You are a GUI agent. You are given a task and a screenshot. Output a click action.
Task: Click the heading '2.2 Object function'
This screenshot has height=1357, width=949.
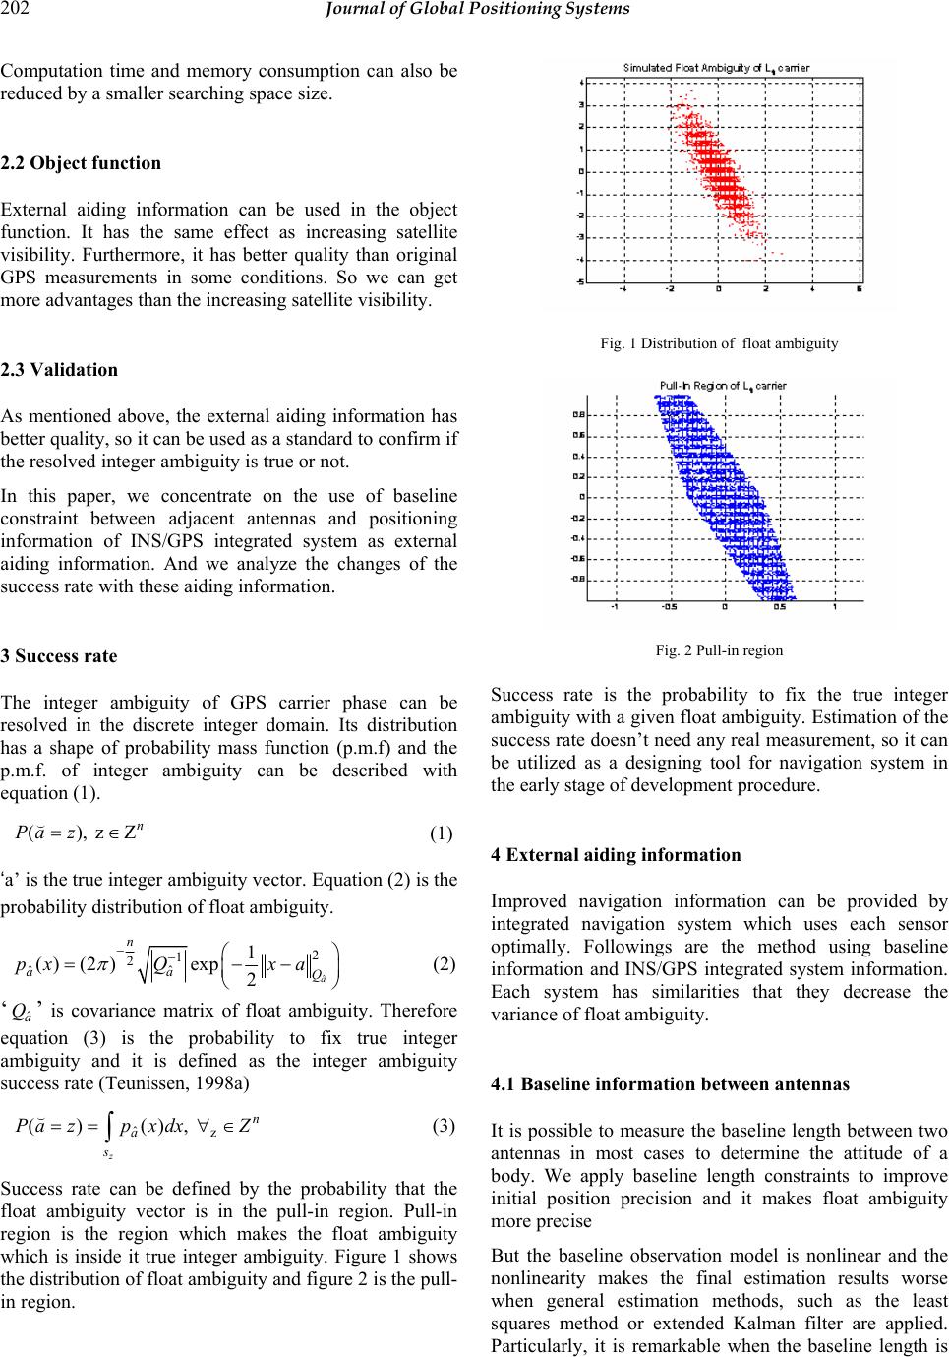tap(81, 163)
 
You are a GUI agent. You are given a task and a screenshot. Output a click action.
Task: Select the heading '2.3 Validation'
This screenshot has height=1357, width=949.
tap(59, 370)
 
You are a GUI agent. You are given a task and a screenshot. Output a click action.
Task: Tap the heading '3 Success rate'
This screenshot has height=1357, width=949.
tap(59, 655)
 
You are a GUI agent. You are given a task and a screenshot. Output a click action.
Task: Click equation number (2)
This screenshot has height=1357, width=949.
tap(442, 963)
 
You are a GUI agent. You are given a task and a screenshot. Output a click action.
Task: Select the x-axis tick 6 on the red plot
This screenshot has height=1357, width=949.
tap(860, 289)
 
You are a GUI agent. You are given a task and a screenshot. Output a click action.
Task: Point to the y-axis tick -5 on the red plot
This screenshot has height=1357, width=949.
tap(580, 281)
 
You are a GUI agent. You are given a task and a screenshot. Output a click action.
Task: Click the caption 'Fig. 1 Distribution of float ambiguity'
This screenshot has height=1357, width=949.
tap(719, 343)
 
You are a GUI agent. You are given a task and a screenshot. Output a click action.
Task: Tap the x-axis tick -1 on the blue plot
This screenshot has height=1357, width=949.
tap(615, 607)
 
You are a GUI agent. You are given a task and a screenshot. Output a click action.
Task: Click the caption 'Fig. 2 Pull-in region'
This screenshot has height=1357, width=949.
tap(719, 649)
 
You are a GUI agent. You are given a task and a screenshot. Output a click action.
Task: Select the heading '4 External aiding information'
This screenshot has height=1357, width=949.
tap(616, 855)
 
